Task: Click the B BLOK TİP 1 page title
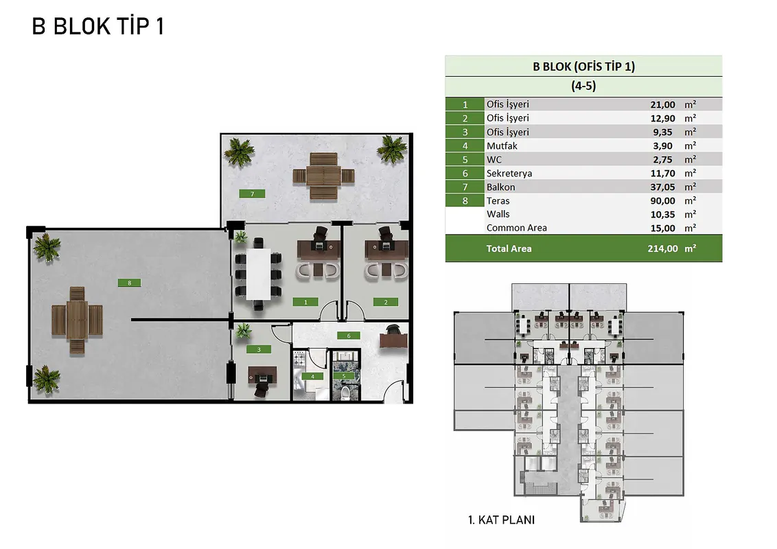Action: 97,26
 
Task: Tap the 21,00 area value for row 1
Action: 662,104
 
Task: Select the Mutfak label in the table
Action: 502,145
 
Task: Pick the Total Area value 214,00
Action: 662,248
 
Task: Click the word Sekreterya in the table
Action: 509,174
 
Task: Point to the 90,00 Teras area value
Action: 662,200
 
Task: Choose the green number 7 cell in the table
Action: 465,187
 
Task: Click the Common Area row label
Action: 516,228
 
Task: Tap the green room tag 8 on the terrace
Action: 129,283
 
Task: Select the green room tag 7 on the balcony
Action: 252,194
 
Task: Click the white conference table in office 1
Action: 258,274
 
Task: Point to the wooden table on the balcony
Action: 323,176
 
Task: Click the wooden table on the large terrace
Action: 77,320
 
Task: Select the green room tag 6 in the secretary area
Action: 349,336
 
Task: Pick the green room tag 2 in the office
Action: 386,302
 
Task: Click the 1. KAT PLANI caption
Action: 501,519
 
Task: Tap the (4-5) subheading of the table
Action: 583,86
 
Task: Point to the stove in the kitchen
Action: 299,359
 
